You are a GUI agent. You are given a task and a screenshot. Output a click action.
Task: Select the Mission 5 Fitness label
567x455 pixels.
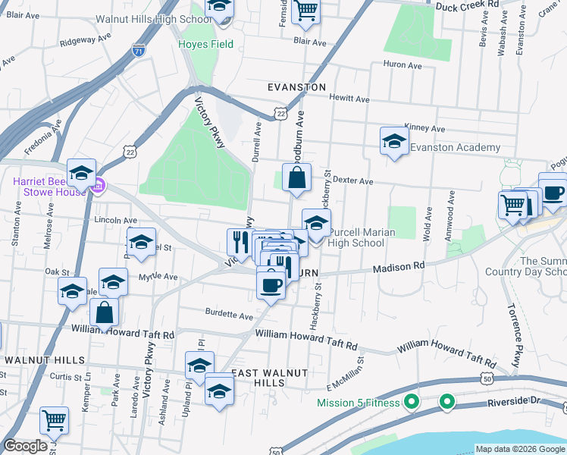pyautogui.click(x=358, y=403)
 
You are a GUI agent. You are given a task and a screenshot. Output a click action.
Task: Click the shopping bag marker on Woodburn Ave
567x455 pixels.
pyautogui.click(x=297, y=179)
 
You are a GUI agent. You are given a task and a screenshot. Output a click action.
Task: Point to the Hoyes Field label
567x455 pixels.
pyautogui.click(x=205, y=44)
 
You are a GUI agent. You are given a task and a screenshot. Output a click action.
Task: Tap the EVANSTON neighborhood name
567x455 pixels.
pyautogui.click(x=297, y=88)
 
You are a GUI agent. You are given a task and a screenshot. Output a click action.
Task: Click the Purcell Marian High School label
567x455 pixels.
pyautogui.click(x=357, y=237)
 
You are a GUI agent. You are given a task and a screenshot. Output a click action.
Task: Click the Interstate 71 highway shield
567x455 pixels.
pyautogui.click(x=138, y=52)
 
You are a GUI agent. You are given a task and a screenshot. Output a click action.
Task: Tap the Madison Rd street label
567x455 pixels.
pyautogui.click(x=398, y=268)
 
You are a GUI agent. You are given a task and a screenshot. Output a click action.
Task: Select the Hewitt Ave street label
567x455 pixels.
pyautogui.click(x=349, y=99)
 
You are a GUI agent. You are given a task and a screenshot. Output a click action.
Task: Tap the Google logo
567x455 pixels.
pyautogui.click(x=26, y=446)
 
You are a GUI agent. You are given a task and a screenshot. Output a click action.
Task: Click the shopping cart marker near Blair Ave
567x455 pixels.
pyautogui.click(x=305, y=10)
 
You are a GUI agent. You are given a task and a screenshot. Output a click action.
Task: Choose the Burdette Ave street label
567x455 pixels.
pyautogui.click(x=228, y=312)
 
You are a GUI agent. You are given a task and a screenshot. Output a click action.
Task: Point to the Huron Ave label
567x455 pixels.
pyautogui.click(x=403, y=66)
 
